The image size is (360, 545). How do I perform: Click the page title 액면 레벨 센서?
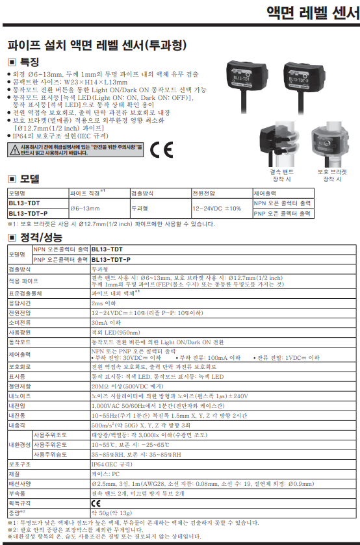point(313,14)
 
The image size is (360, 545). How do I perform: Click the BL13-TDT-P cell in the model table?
point(29,213)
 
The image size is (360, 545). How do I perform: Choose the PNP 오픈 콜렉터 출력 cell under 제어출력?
point(282,213)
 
